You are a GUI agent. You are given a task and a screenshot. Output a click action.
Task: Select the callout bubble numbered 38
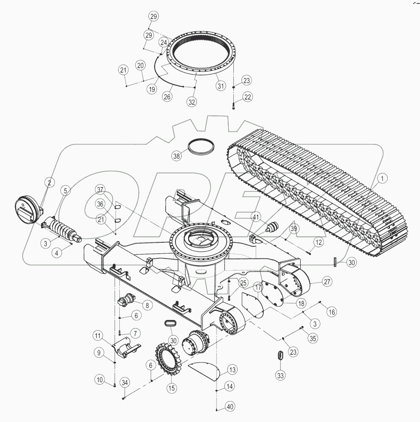point(176,156)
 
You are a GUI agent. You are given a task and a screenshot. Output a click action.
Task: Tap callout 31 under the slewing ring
point(221,86)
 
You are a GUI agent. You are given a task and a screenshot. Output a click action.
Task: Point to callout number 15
point(171,387)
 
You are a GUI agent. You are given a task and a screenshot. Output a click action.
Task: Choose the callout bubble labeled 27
point(327,282)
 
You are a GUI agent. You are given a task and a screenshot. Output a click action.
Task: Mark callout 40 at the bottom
point(230,407)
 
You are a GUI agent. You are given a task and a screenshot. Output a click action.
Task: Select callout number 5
point(65,190)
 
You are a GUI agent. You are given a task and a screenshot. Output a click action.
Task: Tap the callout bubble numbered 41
point(256,217)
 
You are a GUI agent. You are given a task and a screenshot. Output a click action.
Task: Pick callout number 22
point(247,97)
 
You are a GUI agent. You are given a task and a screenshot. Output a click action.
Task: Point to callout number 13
point(233,370)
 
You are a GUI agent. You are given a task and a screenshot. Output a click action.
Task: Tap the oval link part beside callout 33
point(280,356)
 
